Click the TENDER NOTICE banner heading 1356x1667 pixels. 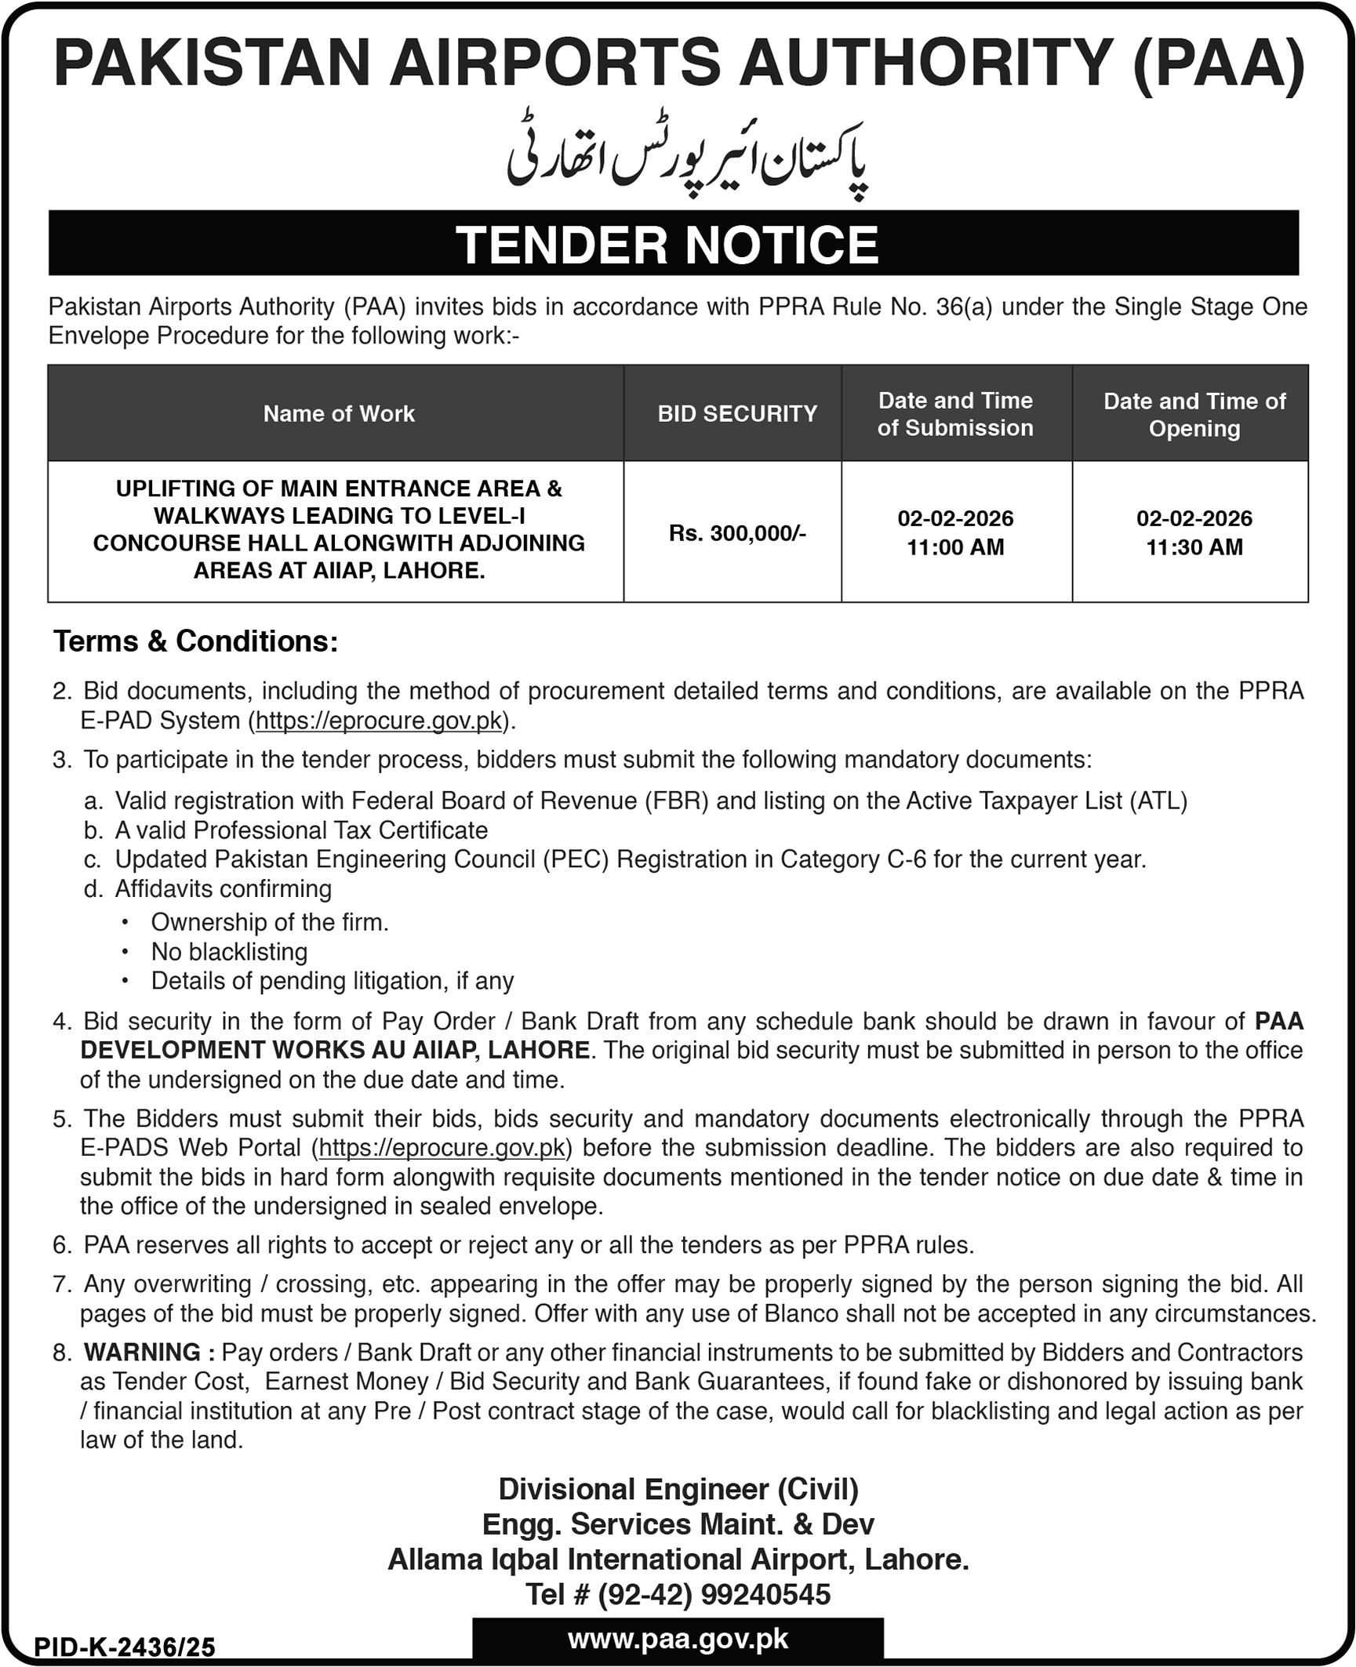[x=667, y=245]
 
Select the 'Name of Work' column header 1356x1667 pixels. [x=339, y=414]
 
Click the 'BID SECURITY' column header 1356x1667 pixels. [x=737, y=414]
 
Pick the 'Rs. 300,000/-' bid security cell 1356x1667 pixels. [x=737, y=534]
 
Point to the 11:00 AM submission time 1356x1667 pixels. [x=955, y=547]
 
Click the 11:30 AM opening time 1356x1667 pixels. [x=1194, y=547]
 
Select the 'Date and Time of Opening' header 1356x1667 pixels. [x=1194, y=415]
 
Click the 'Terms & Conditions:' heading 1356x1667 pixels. [x=196, y=641]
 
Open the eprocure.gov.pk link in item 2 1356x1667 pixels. [x=379, y=721]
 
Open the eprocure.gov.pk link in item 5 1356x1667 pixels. [x=442, y=1148]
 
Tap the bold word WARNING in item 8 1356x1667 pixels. [x=143, y=1353]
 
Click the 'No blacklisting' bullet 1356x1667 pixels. [x=229, y=952]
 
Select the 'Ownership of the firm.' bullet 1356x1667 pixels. [x=270, y=922]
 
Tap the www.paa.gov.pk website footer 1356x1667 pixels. [x=678, y=1640]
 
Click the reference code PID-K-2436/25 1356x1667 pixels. [x=125, y=1647]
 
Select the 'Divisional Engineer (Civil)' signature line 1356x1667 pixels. [x=678, y=1489]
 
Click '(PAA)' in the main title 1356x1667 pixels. [x=1220, y=64]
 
